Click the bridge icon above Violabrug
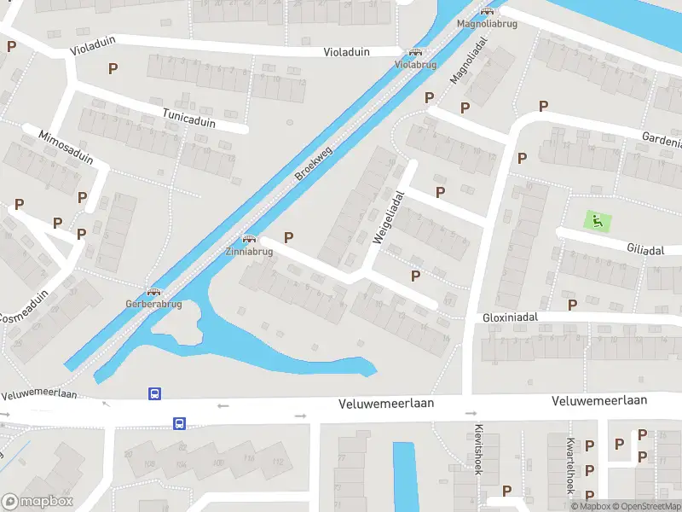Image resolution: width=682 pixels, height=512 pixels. pos(416,53)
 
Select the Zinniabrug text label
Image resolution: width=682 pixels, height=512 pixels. pos(249,252)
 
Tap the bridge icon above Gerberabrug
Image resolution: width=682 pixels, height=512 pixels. pos(153,293)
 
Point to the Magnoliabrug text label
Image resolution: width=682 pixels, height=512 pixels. pos(486,23)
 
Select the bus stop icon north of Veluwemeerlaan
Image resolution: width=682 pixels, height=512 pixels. pos(155,393)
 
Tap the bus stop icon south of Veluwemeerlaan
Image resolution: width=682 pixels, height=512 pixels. pos(180,422)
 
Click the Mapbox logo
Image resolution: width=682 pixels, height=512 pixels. pos(37,502)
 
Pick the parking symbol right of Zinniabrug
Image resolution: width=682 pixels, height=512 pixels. pos(288,237)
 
